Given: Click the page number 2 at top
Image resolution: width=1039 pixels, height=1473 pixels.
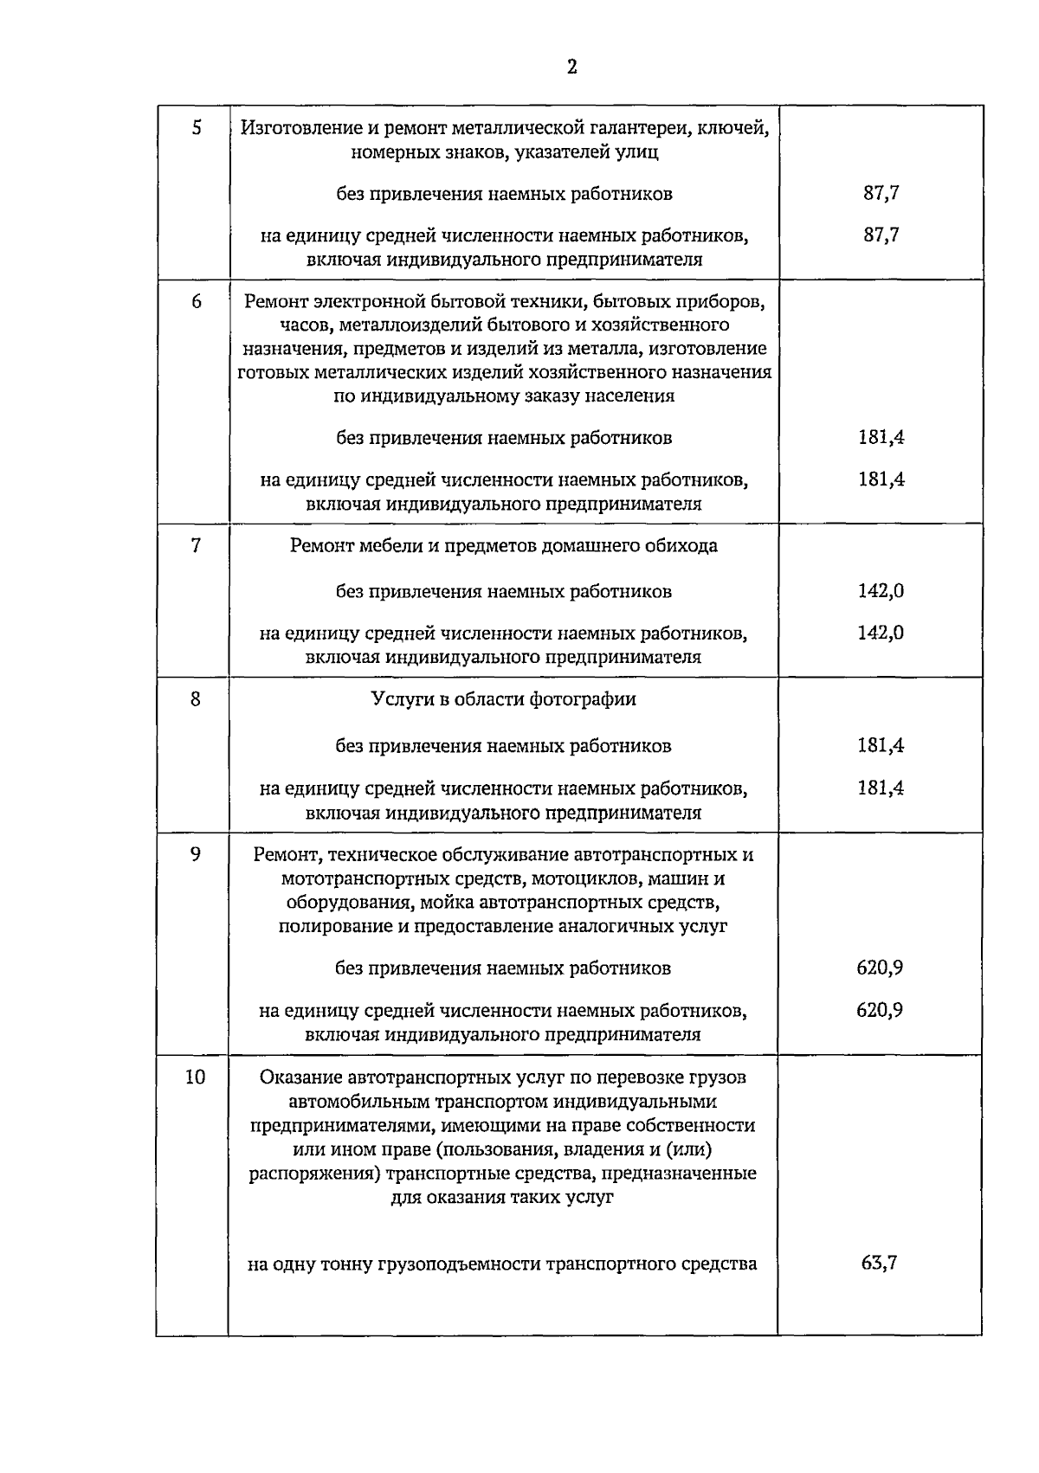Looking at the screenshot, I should [571, 68].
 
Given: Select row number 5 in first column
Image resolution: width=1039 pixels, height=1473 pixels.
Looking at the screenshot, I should [197, 129].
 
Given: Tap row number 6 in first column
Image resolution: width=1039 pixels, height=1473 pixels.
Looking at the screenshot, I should [197, 302].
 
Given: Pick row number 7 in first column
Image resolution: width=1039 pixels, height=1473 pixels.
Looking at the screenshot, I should [196, 545].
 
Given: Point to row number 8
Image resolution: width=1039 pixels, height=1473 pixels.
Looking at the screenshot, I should [196, 698].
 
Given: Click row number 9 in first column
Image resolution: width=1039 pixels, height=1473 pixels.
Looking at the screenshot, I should [196, 854].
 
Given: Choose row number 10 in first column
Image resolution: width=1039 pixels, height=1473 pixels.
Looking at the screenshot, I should [195, 1077].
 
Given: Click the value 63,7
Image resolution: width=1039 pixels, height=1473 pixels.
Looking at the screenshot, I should [879, 1263].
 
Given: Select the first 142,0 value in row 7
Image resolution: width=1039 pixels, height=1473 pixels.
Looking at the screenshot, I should [881, 591].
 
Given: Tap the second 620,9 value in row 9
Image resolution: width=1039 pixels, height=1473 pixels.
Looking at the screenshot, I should [880, 1010].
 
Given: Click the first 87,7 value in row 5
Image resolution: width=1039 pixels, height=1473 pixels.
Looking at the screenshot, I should [881, 193].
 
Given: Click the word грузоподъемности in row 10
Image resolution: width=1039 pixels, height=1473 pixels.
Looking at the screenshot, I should [458, 1264].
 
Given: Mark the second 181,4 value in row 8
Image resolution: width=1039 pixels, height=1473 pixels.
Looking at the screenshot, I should [881, 788].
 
